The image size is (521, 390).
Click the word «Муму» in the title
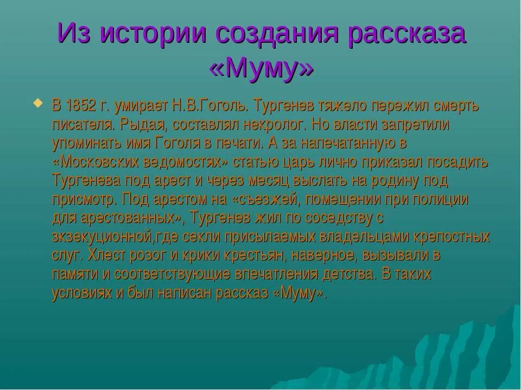tap(261, 68)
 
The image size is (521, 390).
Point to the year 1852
tap(83, 105)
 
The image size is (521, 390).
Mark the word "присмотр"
tap(84, 199)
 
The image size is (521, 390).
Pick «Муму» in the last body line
tap(300, 293)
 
